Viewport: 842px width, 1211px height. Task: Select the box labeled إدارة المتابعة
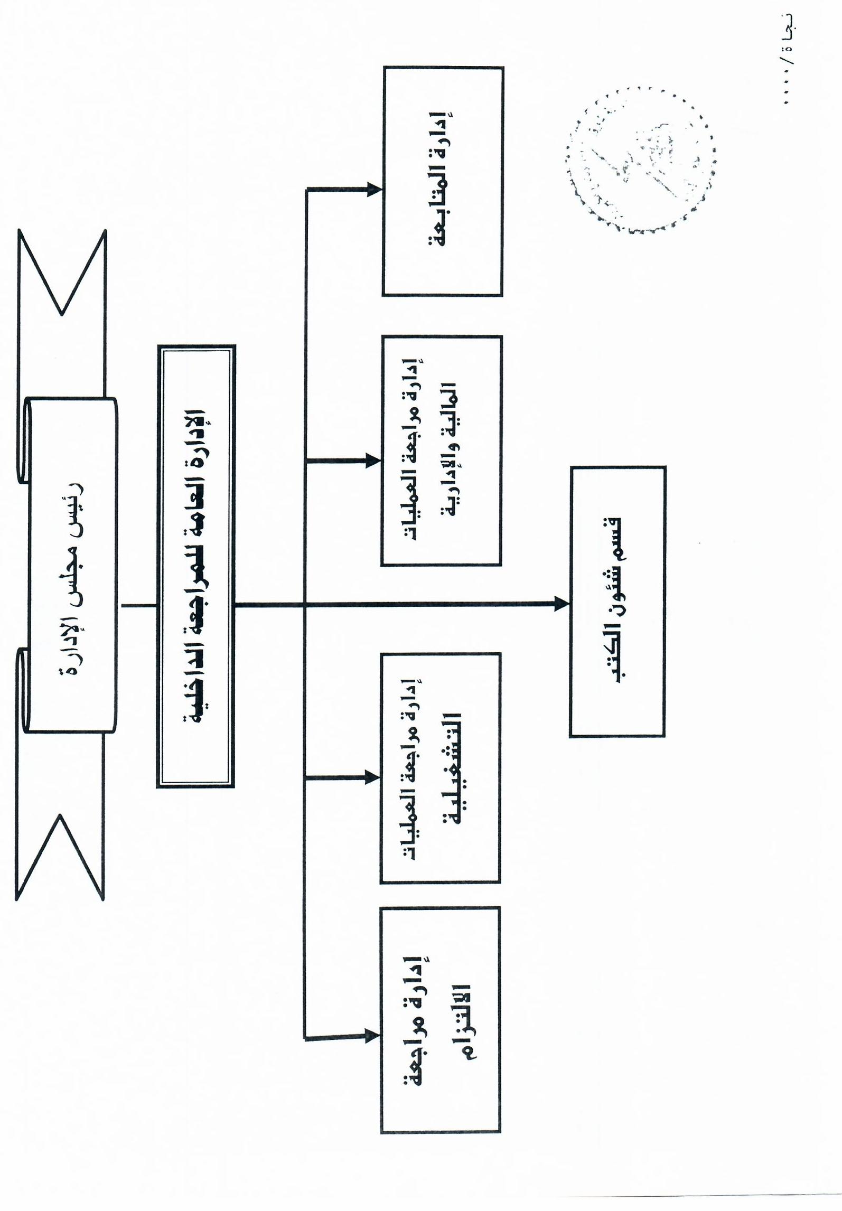[x=442, y=181]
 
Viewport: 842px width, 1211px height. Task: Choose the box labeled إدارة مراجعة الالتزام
[x=440, y=1020]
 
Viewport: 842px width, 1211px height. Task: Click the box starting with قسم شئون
[x=618, y=602]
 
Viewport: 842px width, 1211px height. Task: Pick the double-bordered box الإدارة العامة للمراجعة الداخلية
[x=195, y=566]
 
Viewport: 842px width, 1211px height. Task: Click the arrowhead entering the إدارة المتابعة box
[x=375, y=190]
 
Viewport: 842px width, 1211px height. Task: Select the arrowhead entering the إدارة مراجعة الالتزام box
[x=372, y=1036]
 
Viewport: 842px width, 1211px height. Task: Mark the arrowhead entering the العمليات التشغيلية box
[x=372, y=777]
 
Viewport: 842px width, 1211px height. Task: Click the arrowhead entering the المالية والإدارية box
[x=373, y=461]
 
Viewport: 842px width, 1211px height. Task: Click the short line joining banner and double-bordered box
[x=139, y=606]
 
